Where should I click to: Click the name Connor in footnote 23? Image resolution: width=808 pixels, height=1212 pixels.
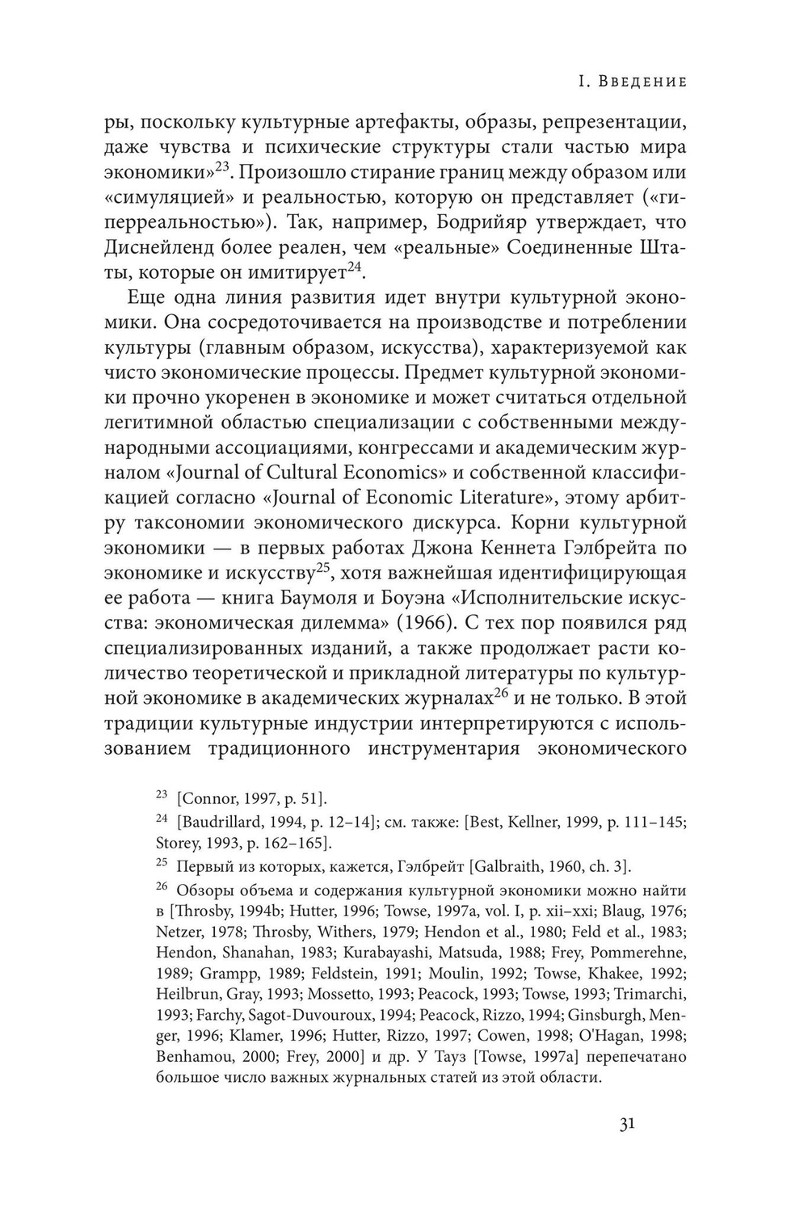213,799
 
